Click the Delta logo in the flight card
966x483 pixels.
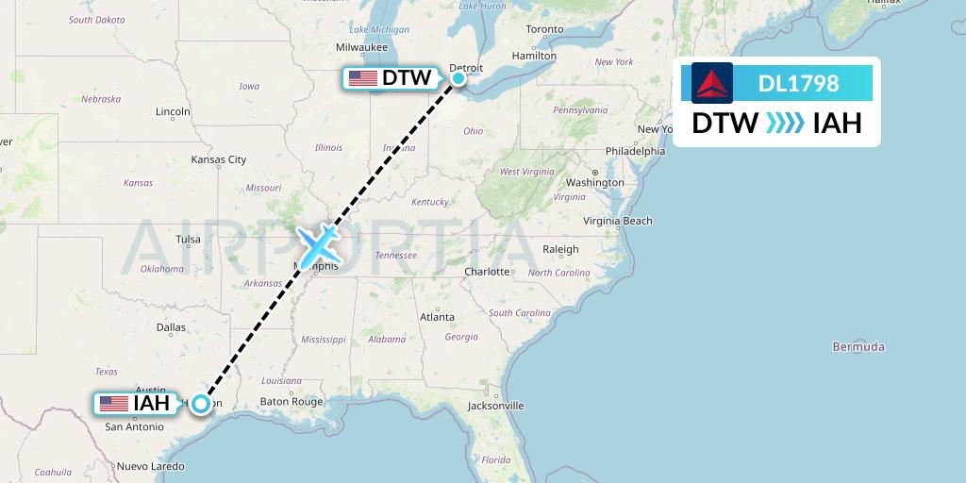711,83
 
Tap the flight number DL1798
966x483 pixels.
798,83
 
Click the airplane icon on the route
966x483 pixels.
318,245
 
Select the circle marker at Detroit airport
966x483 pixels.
458,78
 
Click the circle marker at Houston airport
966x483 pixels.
201,404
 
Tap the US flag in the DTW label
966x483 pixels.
362,78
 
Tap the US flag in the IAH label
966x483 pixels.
114,404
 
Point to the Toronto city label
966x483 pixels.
544,29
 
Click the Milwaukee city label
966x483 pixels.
361,47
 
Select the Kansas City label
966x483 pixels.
218,159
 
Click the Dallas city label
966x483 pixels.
171,327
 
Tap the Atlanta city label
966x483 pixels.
437,317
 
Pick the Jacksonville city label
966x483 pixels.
495,406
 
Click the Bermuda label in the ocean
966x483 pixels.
858,347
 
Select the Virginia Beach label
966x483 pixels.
617,221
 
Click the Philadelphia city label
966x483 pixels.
635,151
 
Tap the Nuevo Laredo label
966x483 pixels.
150,466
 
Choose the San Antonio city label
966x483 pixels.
135,426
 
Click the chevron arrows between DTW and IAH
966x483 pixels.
785,123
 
